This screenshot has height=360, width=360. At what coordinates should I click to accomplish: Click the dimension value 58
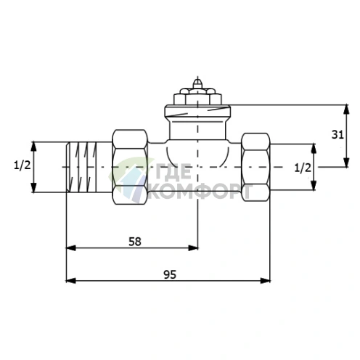tap(135, 242)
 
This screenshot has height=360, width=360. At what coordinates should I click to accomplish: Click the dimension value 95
tap(170, 274)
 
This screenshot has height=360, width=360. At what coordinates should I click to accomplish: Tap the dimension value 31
tap(337, 134)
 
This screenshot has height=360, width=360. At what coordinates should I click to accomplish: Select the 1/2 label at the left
tap(22, 165)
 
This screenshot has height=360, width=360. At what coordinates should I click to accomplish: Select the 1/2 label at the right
tap(303, 168)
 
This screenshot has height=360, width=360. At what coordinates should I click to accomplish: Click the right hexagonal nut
tap(255, 167)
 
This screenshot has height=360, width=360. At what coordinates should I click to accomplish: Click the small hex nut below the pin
tap(197, 97)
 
